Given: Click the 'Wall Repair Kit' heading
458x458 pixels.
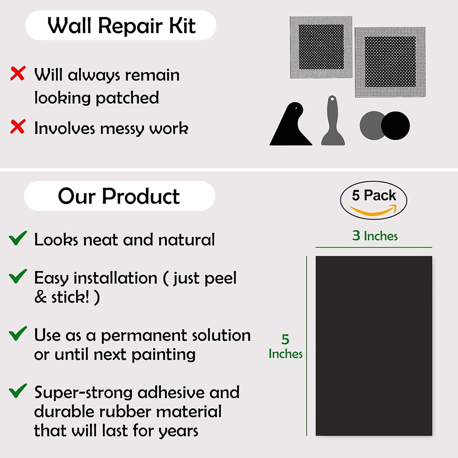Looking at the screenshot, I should tap(121, 25).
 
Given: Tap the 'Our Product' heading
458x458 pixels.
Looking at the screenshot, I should tap(119, 196).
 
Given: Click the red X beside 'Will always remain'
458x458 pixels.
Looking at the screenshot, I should tap(18, 74).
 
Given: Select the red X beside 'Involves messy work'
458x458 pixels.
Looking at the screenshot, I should tap(18, 126).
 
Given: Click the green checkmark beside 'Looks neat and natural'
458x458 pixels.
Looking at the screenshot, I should tap(18, 238).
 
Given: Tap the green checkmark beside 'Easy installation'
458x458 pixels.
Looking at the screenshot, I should tap(18, 276).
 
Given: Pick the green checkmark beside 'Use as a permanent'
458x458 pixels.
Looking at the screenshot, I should tap(18, 333).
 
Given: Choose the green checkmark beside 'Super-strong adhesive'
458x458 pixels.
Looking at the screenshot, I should tap(18, 391).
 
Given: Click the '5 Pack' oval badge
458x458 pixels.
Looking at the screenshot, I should tap(373, 200).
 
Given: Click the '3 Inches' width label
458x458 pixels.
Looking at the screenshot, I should tap(375, 236).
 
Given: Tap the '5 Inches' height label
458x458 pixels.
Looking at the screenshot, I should tap(285, 346).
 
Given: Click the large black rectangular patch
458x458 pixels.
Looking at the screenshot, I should tap(374, 345).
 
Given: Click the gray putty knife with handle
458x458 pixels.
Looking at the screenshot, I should tap(333, 122).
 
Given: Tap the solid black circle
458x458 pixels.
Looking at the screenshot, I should tap(396, 126).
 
